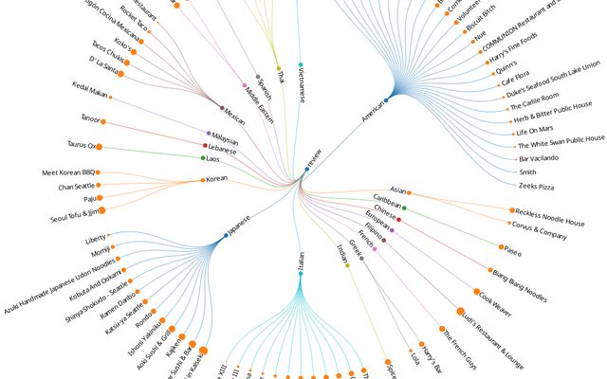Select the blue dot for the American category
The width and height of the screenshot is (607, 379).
pyautogui.click(x=386, y=99)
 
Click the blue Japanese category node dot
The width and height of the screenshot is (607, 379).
pyautogui.click(x=226, y=235)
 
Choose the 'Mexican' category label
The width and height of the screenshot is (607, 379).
pyautogui.click(x=237, y=117)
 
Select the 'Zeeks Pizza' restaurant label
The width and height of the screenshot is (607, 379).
pyautogui.click(x=534, y=186)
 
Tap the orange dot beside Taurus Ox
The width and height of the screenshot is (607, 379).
pyautogui.click(x=99, y=147)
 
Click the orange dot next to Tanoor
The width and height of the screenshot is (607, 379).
pyautogui.click(x=102, y=121)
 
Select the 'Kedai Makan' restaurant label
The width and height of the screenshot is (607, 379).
pyautogui.click(x=91, y=93)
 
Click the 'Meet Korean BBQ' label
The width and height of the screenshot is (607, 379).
pyautogui.click(x=69, y=173)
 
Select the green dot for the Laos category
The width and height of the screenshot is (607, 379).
pyautogui.click(x=203, y=158)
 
